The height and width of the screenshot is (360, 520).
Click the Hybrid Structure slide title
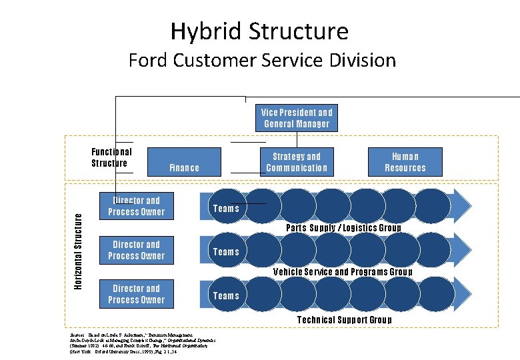click(x=259, y=31)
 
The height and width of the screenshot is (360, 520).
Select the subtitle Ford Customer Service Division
click(x=262, y=61)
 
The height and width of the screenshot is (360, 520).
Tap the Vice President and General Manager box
click(x=297, y=118)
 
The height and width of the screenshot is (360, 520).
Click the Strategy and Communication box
click(x=297, y=162)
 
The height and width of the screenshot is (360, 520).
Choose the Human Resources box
click(x=405, y=162)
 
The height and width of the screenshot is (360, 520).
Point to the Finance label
click(x=184, y=168)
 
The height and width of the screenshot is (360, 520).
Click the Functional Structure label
click(x=111, y=157)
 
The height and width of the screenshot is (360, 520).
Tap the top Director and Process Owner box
click(x=136, y=206)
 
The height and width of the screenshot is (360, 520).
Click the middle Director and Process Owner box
click(x=136, y=250)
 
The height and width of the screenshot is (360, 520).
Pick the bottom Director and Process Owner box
click(x=136, y=294)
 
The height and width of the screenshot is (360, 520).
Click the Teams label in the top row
click(x=225, y=209)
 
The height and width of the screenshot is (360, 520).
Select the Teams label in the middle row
click(x=225, y=252)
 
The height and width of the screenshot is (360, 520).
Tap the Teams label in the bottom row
click(x=225, y=296)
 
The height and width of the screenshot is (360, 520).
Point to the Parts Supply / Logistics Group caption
click(x=343, y=228)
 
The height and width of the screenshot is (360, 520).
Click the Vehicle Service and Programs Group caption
click(x=343, y=272)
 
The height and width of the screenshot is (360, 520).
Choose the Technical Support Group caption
click(x=344, y=320)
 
